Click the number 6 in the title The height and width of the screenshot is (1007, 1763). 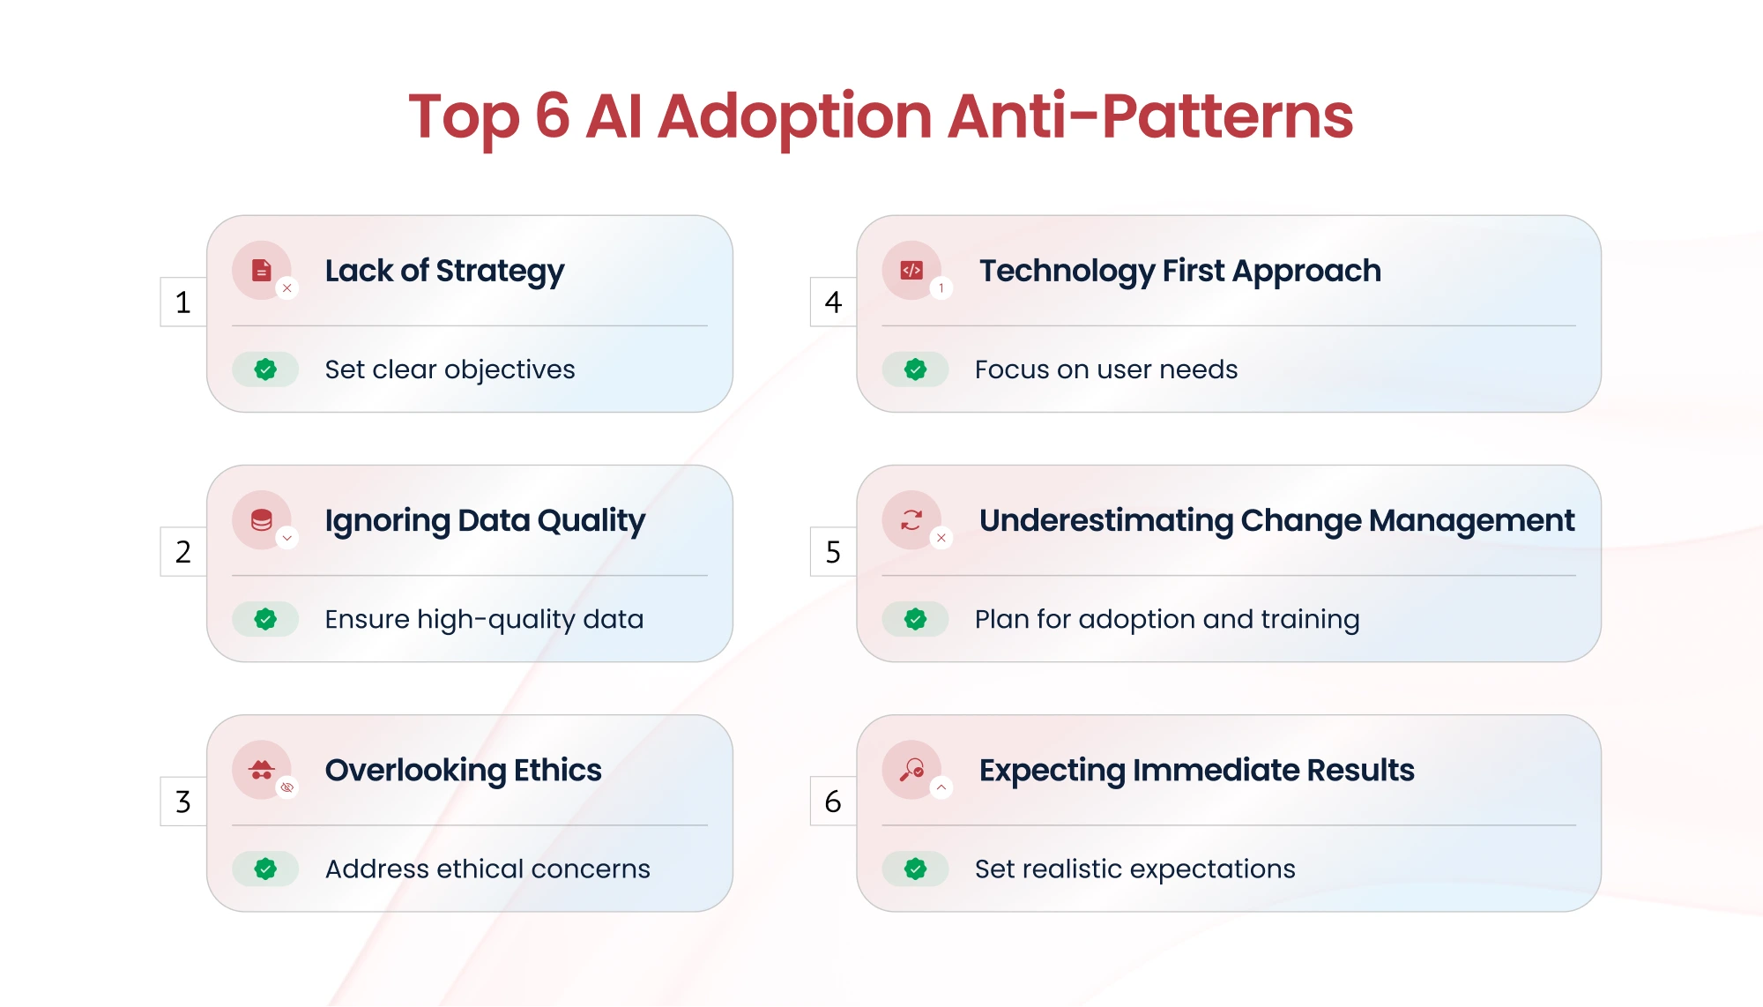tap(552, 116)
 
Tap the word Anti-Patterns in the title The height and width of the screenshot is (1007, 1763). tap(1150, 116)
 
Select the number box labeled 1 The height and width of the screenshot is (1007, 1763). tap(183, 302)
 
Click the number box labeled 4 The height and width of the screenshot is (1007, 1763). tap(833, 302)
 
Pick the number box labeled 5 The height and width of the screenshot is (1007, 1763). tap(833, 552)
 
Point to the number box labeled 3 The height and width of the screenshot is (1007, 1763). tap(183, 802)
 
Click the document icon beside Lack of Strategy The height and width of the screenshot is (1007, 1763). tap(262, 270)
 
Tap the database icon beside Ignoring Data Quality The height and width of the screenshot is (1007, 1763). tap(262, 519)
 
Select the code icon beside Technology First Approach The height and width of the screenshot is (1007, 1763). tap(911, 270)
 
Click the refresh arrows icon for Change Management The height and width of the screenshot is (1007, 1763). tap(911, 519)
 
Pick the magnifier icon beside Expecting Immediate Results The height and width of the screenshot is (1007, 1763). tap(911, 770)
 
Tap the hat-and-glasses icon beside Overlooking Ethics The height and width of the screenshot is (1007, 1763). tap(262, 770)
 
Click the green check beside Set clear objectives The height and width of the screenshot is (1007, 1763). tap(265, 369)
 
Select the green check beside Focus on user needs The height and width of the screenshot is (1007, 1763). tap(916, 369)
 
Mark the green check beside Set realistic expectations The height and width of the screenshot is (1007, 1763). tap(916, 869)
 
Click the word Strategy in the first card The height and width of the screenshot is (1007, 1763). tap(500, 272)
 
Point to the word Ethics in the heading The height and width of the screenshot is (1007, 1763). tap(557, 770)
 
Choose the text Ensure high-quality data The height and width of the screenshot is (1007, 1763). tap(484, 619)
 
